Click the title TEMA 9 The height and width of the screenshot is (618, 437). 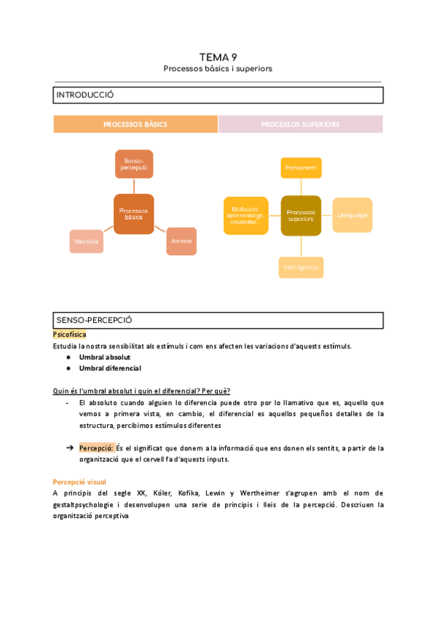218,57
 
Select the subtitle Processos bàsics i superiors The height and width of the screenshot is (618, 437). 218,69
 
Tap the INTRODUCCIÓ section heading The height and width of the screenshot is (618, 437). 85,95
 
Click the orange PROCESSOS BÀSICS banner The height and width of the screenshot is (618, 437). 135,125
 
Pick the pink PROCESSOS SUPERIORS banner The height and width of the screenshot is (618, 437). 300,125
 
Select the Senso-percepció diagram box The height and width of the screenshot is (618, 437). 134,164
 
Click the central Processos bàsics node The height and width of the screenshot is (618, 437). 133,214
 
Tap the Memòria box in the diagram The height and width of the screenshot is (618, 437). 86,241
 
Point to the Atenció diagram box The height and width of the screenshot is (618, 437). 181,241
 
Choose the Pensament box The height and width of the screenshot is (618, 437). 301,168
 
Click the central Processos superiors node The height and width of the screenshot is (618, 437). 301,215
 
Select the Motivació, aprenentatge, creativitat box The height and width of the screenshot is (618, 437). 243,215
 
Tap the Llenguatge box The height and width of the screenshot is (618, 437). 353,215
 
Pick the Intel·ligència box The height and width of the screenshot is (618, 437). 301,267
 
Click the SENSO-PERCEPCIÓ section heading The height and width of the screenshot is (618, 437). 95,321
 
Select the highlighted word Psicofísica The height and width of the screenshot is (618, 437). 69,335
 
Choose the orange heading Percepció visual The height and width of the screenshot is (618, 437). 79,482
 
